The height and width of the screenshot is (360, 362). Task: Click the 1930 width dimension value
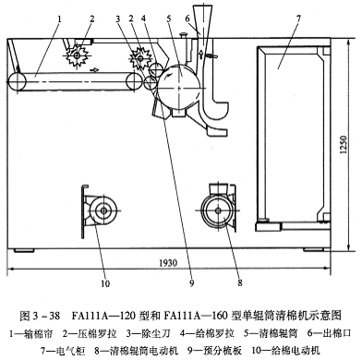coord(168,263)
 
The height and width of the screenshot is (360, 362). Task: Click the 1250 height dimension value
coord(344,145)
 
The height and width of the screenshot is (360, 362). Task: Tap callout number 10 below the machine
coord(105,283)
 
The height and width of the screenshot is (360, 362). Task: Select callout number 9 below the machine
coord(192,283)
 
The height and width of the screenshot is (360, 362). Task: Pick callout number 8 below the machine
coord(240,282)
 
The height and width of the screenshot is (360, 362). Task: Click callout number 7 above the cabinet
coord(298,18)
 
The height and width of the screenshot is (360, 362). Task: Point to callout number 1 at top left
coord(59,19)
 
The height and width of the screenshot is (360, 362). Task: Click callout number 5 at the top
coord(169,18)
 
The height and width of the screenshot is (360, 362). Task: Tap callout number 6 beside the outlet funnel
coord(187,18)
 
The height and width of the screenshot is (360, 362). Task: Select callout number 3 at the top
coord(117,18)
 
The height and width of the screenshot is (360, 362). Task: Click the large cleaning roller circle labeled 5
coord(178,87)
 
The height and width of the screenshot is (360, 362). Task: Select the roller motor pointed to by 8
coord(218,210)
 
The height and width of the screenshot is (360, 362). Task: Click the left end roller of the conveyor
coord(18,82)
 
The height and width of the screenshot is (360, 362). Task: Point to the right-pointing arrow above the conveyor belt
coord(95,70)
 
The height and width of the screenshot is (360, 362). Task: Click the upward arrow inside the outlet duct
coord(200,55)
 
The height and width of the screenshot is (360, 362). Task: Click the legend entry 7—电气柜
coord(63,350)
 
